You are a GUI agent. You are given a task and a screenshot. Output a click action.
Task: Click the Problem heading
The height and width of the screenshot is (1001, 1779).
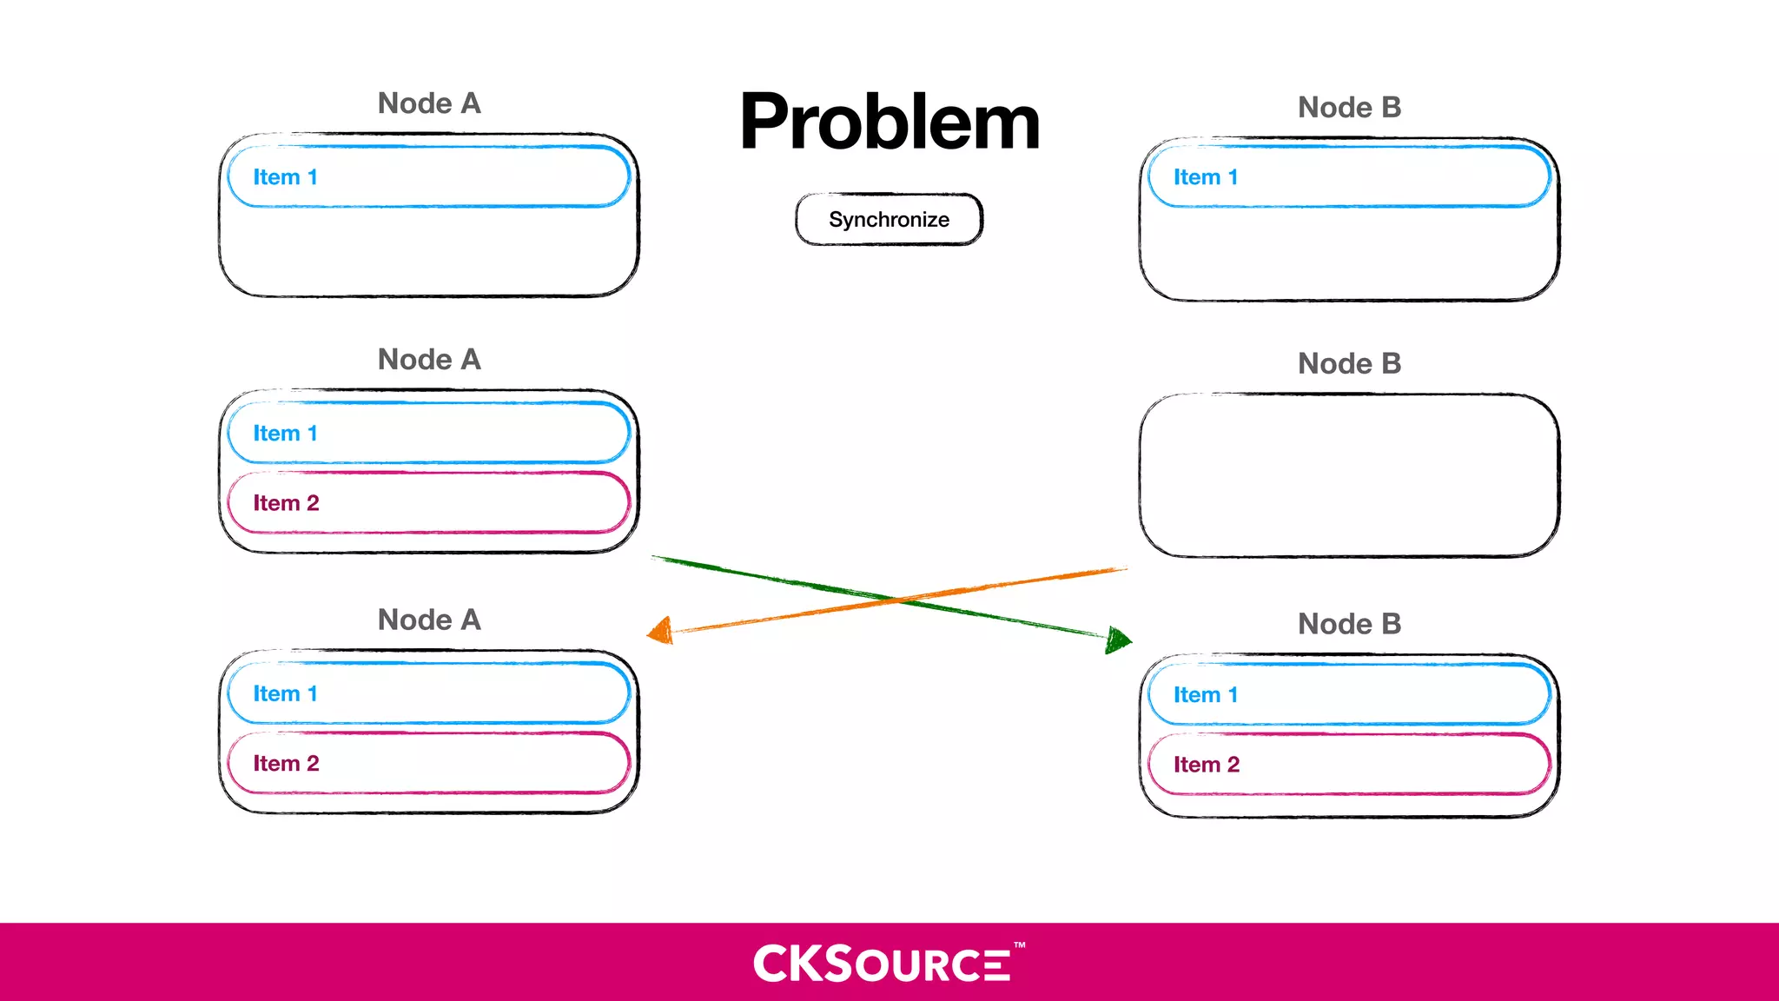coord(889,123)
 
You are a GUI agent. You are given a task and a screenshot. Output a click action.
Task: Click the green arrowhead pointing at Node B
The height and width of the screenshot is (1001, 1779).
coord(1119,640)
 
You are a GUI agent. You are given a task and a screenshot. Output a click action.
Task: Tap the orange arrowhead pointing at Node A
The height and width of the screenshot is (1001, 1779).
coord(661,630)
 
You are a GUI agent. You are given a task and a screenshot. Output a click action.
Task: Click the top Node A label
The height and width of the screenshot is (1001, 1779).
coord(429,103)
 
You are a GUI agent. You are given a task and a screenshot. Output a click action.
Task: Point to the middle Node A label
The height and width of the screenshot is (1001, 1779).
coord(429,360)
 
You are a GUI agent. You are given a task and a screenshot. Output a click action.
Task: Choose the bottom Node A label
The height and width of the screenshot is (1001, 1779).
coord(429,620)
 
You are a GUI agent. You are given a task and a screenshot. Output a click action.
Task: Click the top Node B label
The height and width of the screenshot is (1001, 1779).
coord(1349,108)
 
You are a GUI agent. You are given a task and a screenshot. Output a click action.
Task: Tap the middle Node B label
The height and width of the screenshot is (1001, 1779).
coord(1349,364)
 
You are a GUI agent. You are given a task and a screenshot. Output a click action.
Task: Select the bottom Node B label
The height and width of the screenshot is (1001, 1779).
coord(1349,624)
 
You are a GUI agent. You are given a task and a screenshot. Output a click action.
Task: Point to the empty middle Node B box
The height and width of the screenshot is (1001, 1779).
coord(1349,475)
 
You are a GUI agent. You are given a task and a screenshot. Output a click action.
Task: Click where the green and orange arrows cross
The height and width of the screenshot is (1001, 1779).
coord(895,599)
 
